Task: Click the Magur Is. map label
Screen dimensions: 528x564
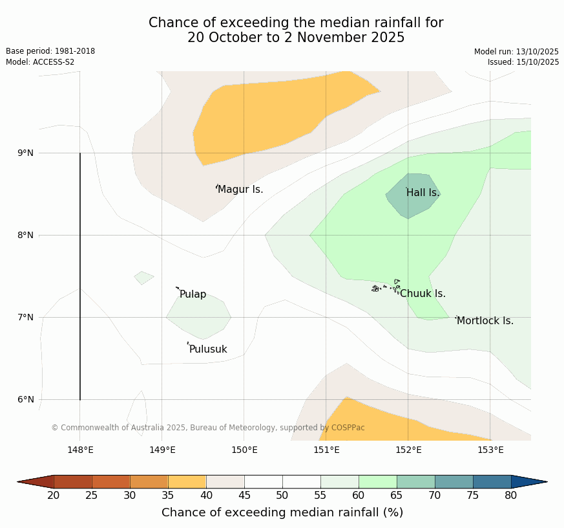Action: pyautogui.click(x=240, y=190)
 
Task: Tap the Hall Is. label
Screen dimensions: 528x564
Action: pyautogui.click(x=423, y=193)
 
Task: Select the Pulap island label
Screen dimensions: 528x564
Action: pyautogui.click(x=193, y=294)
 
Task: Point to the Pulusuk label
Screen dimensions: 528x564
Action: pyautogui.click(x=208, y=349)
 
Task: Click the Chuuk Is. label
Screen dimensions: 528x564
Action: pyautogui.click(x=423, y=294)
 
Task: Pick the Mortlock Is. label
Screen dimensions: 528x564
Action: pyautogui.click(x=485, y=321)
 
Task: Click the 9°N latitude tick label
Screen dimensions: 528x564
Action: pyautogui.click(x=26, y=153)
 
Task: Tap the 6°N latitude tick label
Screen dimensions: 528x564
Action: pyautogui.click(x=26, y=399)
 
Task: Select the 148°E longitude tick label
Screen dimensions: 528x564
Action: pyautogui.click(x=80, y=450)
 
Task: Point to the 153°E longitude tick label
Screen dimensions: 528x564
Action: pyautogui.click(x=490, y=450)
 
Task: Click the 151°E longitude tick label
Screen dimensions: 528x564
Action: pyautogui.click(x=326, y=450)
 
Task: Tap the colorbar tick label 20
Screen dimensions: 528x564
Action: pyautogui.click(x=54, y=496)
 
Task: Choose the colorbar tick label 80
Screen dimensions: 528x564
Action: pyautogui.click(x=511, y=496)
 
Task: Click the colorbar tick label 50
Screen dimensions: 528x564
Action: pyautogui.click(x=282, y=496)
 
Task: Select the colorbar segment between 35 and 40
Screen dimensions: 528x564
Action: pyautogui.click(x=187, y=481)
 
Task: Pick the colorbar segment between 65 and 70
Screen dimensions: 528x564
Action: pyautogui.click(x=416, y=481)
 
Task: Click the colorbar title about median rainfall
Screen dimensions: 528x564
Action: pyautogui.click(x=282, y=512)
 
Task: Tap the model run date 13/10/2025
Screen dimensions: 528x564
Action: pyautogui.click(x=516, y=52)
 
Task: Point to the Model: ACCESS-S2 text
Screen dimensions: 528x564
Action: pyautogui.click(x=40, y=62)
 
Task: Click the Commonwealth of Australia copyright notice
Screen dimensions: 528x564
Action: pyautogui.click(x=208, y=428)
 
